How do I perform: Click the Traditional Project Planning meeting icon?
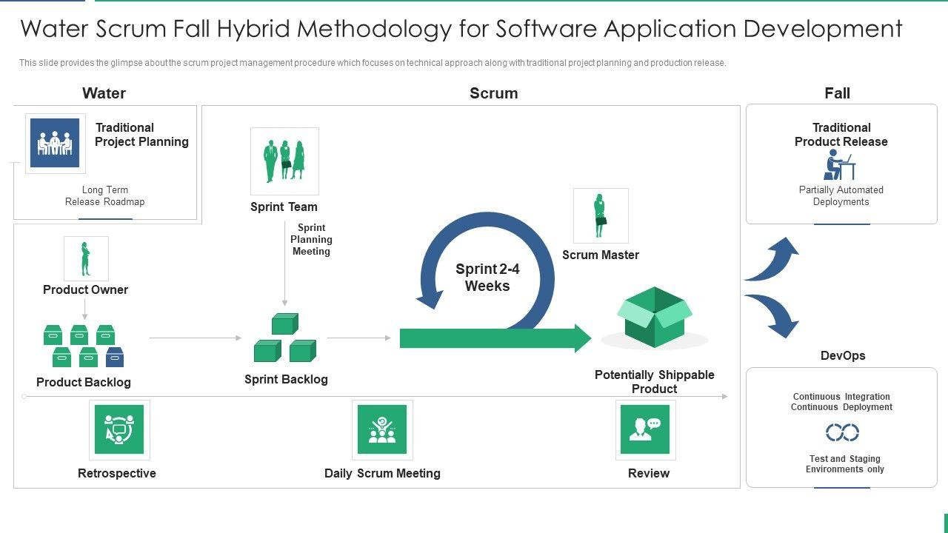click(55, 143)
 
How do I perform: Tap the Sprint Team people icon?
click(284, 160)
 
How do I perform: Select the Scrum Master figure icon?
click(600, 215)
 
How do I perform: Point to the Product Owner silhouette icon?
click(86, 258)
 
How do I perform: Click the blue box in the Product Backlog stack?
click(115, 358)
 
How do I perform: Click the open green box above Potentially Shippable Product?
click(655, 317)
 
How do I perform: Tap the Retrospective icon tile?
click(118, 429)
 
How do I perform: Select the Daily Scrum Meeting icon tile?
click(382, 429)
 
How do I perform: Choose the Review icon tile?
click(645, 429)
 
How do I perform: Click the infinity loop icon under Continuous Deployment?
click(842, 432)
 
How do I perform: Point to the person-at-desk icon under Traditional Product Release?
click(838, 165)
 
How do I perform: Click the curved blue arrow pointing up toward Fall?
click(773, 261)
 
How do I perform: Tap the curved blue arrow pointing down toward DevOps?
click(773, 314)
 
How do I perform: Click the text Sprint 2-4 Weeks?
click(487, 278)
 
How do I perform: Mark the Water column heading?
click(104, 93)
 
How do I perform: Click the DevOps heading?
click(843, 355)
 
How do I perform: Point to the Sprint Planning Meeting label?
click(311, 239)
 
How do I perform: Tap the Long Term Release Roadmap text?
click(104, 195)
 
